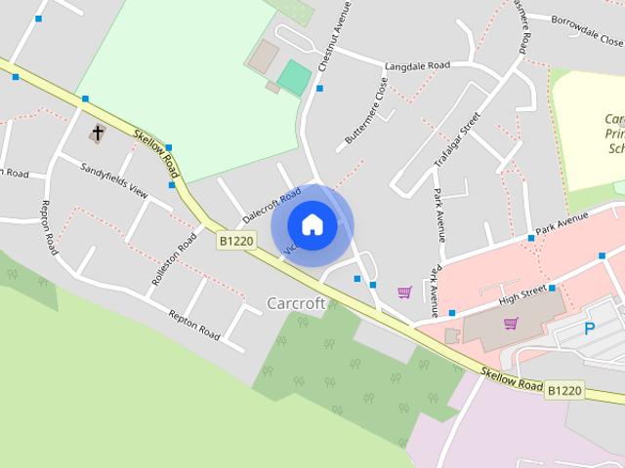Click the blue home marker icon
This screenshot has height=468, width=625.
pyautogui.click(x=312, y=225)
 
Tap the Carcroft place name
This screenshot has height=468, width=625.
pyautogui.click(x=296, y=303)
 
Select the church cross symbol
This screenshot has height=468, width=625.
pyautogui.click(x=98, y=133)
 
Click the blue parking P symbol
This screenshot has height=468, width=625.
pyautogui.click(x=589, y=329)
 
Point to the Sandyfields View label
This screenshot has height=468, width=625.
pyautogui.click(x=114, y=179)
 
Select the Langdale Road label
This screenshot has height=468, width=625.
pyautogui.click(x=417, y=65)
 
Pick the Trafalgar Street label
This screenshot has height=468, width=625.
pyautogui.click(x=471, y=136)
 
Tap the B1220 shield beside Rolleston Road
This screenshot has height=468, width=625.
pyautogui.click(x=235, y=240)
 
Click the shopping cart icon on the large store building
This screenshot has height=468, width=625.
pyautogui.click(x=510, y=324)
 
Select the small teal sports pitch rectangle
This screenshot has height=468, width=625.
pyautogui.click(x=294, y=77)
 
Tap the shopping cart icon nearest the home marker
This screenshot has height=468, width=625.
pyautogui.click(x=404, y=292)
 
